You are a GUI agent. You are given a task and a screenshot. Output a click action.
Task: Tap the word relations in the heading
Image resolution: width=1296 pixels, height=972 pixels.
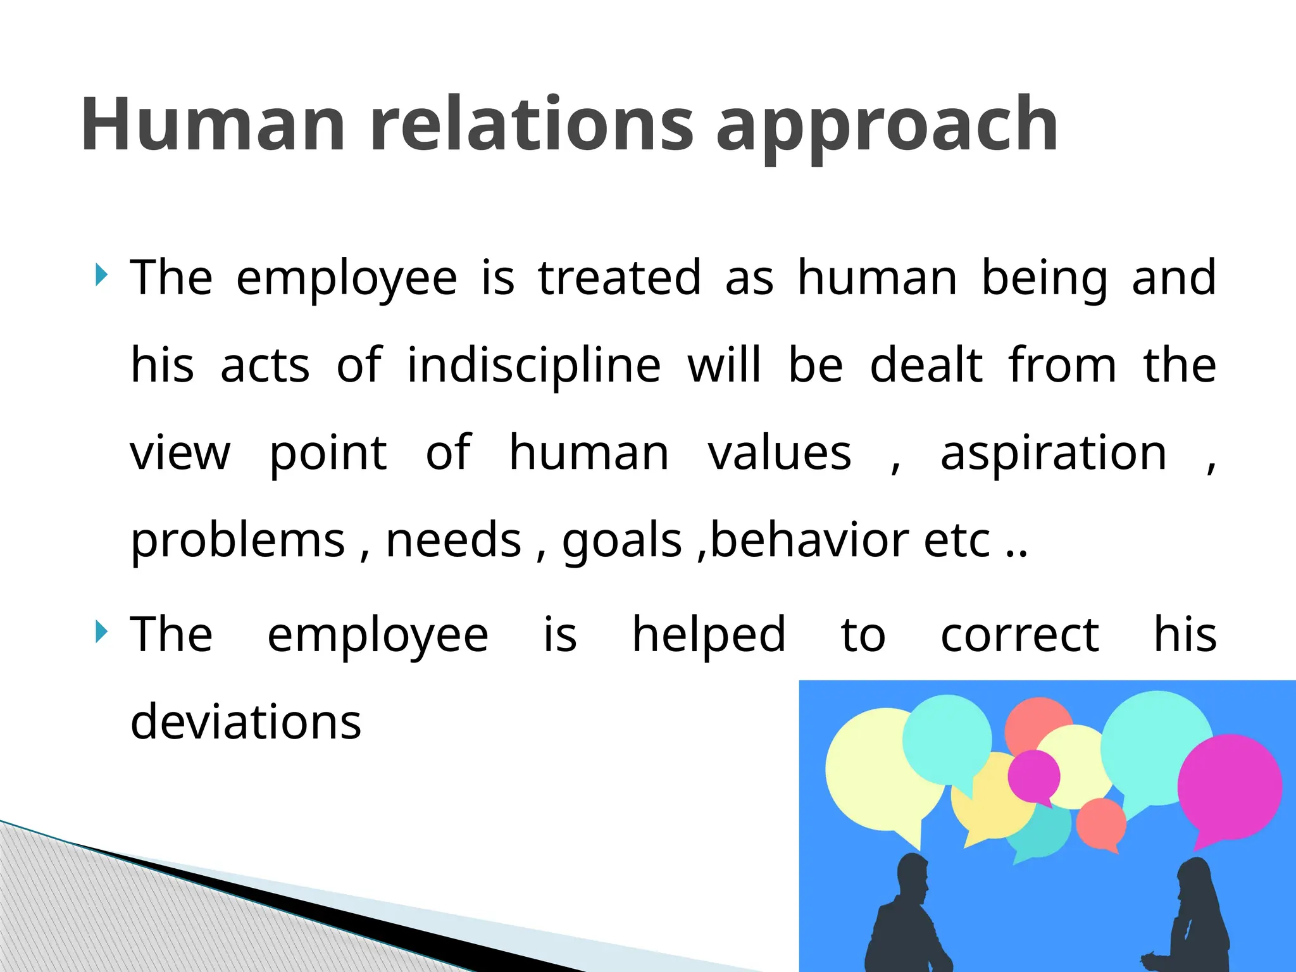tap(532, 124)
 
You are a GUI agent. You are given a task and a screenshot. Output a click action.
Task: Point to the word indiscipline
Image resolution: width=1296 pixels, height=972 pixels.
tap(533, 366)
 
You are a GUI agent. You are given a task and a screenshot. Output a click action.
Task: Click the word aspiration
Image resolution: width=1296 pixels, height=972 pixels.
tap(1053, 454)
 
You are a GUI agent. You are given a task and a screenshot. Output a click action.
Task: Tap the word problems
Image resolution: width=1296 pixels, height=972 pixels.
tap(238, 541)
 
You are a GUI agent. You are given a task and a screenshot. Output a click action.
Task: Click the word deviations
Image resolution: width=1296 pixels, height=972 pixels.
tap(246, 722)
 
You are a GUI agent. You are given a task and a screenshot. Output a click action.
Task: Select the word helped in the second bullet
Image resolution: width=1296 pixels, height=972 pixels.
tap(709, 635)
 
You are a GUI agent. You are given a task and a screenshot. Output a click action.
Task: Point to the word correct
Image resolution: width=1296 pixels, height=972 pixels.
tap(1019, 635)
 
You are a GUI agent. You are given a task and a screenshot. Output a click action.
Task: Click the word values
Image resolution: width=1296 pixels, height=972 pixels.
tap(779, 453)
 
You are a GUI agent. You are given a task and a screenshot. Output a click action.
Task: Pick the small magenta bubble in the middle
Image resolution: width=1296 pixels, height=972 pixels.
tap(1033, 775)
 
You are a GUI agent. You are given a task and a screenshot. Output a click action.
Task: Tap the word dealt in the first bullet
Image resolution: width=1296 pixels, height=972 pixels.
tap(926, 366)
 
